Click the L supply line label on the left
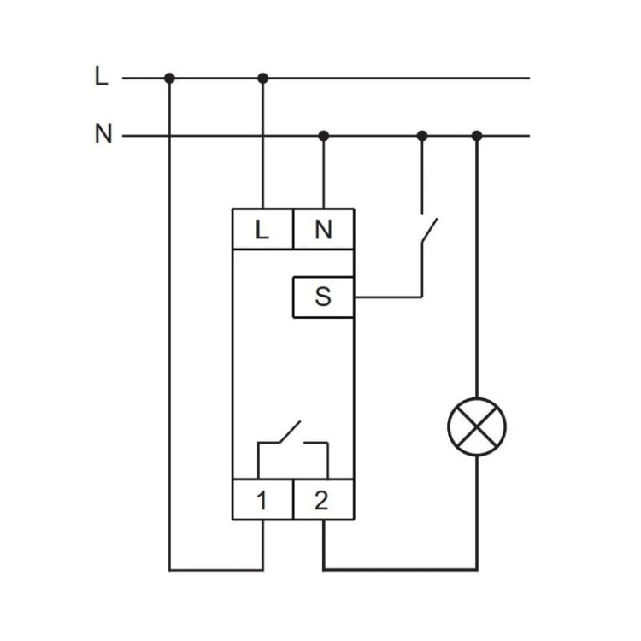click(102, 77)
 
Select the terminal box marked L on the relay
click(262, 228)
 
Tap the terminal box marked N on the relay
click(323, 228)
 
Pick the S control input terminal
click(323, 297)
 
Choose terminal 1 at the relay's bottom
click(262, 500)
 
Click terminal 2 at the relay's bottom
click(322, 500)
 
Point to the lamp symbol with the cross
click(477, 425)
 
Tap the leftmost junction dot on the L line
click(169, 78)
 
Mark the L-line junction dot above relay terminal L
click(262, 78)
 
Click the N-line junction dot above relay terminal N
click(323, 135)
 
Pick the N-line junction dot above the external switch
click(421, 135)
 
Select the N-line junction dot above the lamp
click(477, 135)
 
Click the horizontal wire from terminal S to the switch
click(388, 297)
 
